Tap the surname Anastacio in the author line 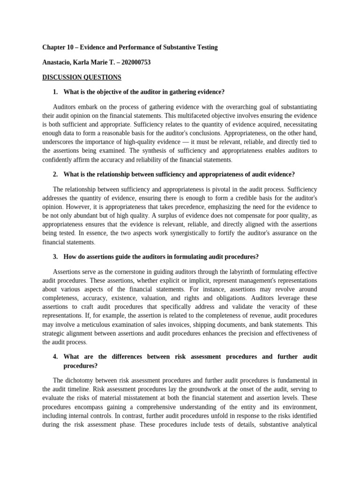pos(58,62)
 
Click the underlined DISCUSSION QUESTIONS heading pos(82,77)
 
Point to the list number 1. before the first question pos(55,92)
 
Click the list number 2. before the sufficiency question pos(55,174)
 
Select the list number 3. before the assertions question pos(55,256)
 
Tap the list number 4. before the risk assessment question pos(55,357)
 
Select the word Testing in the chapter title pos(207,47)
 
